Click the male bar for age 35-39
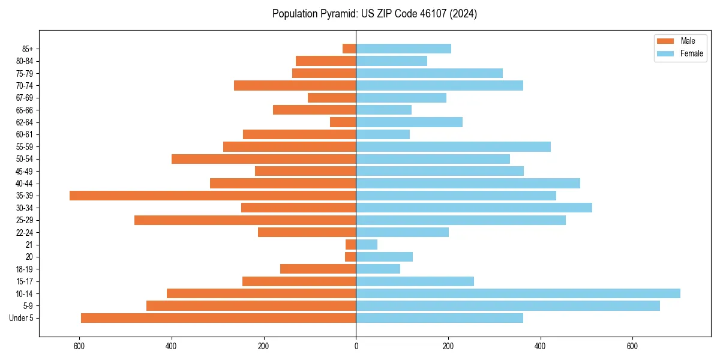[213, 196]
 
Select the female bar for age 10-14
[518, 293]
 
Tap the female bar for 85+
[403, 49]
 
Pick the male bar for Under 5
[218, 318]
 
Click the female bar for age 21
[367, 245]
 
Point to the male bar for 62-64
[343, 122]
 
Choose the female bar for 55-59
[453, 147]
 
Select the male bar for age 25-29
[245, 220]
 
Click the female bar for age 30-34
[474, 208]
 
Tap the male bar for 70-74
[295, 86]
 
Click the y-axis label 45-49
[24, 172]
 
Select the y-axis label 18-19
[24, 269]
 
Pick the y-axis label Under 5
[22, 318]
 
